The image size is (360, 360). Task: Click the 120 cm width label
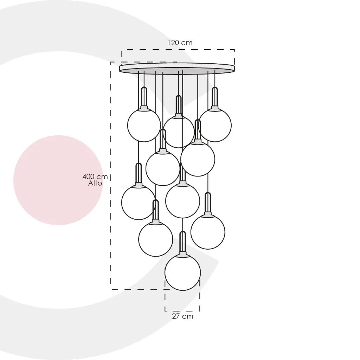pyautogui.click(x=180, y=43)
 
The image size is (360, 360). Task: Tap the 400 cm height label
pyautogui.click(x=95, y=176)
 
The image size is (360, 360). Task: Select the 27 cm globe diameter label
pyautogui.click(x=182, y=316)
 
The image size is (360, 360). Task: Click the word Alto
pyautogui.click(x=95, y=183)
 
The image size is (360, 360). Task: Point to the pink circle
pyautogui.click(x=58, y=180)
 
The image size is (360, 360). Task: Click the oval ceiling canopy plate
pyautogui.click(x=177, y=69)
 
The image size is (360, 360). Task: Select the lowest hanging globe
pyautogui.click(x=182, y=272)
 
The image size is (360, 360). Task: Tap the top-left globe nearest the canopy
pyautogui.click(x=144, y=125)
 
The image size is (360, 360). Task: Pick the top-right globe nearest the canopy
pyautogui.click(x=215, y=125)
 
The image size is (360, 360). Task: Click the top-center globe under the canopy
pyautogui.click(x=179, y=131)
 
